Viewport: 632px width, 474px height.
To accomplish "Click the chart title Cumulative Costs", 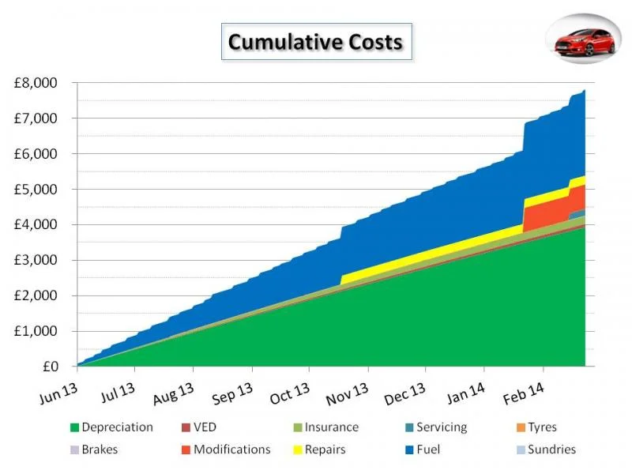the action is pos(315,42).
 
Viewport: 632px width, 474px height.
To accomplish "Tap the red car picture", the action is pos(585,42).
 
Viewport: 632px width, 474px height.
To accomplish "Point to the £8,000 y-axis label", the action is pos(36,83).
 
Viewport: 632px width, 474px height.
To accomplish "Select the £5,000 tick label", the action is pos(36,189).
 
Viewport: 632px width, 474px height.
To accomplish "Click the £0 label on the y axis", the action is pos(51,367).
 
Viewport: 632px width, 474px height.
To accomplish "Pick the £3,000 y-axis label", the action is pos(36,260).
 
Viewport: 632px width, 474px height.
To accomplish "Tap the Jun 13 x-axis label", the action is pos(58,393).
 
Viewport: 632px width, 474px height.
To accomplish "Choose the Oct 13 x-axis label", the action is pos(289,393).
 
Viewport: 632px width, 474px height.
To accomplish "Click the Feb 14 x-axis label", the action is pos(523,393).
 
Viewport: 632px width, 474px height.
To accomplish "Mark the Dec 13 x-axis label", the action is pos(404,393).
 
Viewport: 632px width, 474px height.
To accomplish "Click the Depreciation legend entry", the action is pos(111,427).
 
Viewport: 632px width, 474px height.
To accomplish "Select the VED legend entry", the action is pos(199,427).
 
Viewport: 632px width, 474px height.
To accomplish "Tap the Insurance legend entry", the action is pos(326,427).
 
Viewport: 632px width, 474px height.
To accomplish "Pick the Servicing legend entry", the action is pos(436,427).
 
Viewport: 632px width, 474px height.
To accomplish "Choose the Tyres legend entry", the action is pos(536,427).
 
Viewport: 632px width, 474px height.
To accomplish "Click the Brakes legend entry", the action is pos(94,450).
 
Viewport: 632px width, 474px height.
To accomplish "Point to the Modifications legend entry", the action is pos(226,450).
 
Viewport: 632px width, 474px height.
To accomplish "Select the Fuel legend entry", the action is pos(423,450).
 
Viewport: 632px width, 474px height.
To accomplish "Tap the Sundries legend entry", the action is pos(546,450).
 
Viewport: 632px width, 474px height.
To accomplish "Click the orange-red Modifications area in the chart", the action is pos(544,213).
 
